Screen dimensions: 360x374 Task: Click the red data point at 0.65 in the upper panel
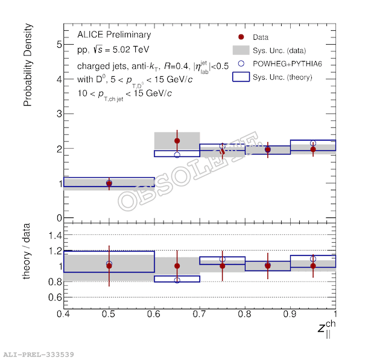pyautogui.click(x=177, y=141)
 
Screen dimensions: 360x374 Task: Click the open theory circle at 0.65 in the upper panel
pyautogui.click(x=177, y=155)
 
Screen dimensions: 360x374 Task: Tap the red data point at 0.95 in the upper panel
pyautogui.click(x=312, y=149)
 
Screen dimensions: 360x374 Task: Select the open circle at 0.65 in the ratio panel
pyautogui.click(x=177, y=280)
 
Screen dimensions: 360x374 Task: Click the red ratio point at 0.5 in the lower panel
pyautogui.click(x=109, y=266)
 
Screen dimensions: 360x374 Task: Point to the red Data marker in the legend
pyautogui.click(x=241, y=36)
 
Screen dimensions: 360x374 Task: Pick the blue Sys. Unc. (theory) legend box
pyautogui.click(x=241, y=77)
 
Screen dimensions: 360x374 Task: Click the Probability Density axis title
pyautogui.click(x=28, y=66)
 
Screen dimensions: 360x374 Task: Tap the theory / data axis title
pyautogui.click(x=28, y=257)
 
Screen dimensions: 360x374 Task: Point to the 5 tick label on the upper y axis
pyautogui.click(x=59, y=44)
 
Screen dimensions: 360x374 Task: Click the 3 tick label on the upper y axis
pyautogui.click(x=59, y=114)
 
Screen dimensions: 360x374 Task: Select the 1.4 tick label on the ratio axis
pyautogui.click(x=55, y=235)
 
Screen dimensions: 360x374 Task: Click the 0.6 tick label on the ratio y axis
pyautogui.click(x=55, y=297)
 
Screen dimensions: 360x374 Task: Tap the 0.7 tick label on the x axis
pyautogui.click(x=199, y=314)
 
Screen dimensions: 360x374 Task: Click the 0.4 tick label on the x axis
pyautogui.click(x=63, y=314)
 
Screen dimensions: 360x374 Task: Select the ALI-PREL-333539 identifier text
pyautogui.click(x=39, y=354)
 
